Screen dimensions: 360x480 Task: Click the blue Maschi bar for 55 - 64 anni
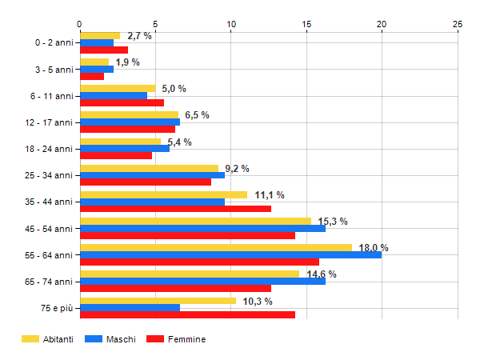(x=230, y=255)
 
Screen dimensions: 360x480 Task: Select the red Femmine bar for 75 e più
(x=187, y=314)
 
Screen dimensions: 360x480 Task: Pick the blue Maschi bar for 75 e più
(x=130, y=308)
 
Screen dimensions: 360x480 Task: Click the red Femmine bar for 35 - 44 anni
(x=175, y=209)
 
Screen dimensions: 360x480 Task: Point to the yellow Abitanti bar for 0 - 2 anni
(x=100, y=35)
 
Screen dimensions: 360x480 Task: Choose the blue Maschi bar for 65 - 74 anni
(x=202, y=282)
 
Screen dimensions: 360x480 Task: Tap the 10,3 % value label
(x=258, y=302)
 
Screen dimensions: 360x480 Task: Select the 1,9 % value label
(x=127, y=62)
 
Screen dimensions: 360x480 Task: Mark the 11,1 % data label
(x=270, y=195)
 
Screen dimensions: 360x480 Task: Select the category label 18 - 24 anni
(x=50, y=149)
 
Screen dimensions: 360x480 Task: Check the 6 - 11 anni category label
(x=52, y=96)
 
